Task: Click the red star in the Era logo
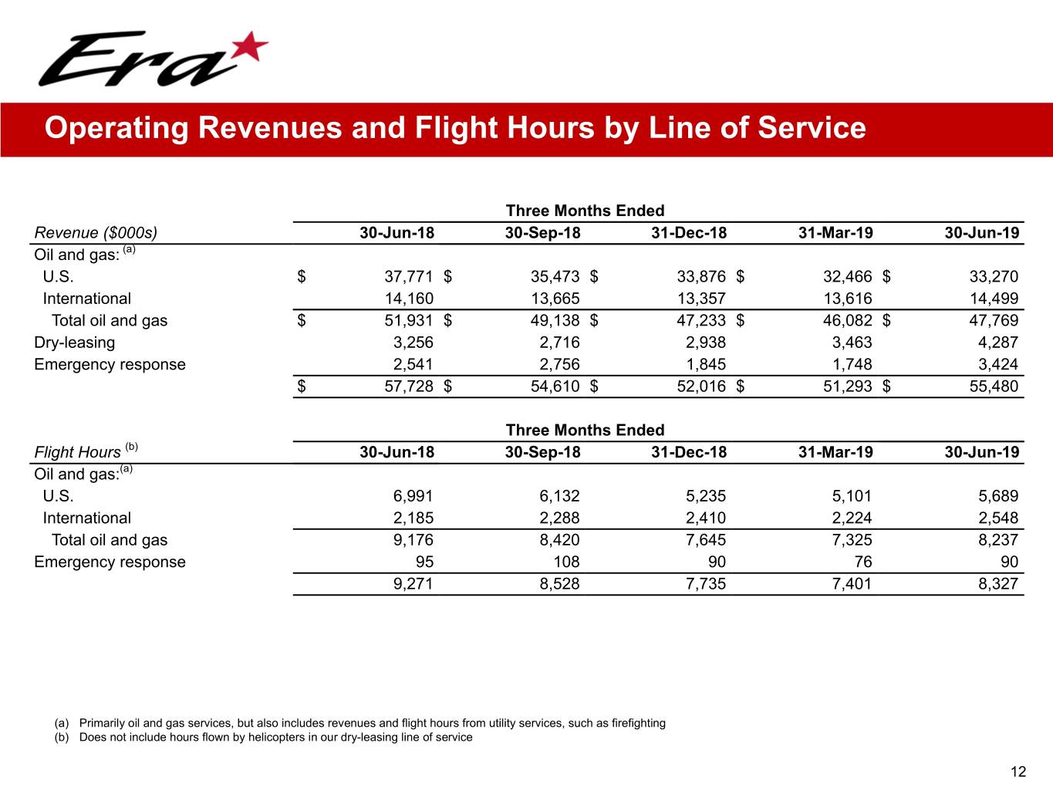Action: click(x=248, y=47)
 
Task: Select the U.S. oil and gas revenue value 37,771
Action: click(x=409, y=276)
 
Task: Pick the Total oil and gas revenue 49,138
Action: click(x=555, y=320)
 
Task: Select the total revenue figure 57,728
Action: click(x=409, y=387)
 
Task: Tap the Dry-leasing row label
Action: click(x=74, y=343)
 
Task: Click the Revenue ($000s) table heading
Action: click(x=96, y=233)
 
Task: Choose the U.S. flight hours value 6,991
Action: click(x=413, y=496)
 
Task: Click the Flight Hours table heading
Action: click(x=78, y=452)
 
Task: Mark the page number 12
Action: click(x=1018, y=771)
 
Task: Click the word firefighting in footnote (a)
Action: click(x=638, y=723)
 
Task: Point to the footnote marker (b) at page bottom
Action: click(x=62, y=737)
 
